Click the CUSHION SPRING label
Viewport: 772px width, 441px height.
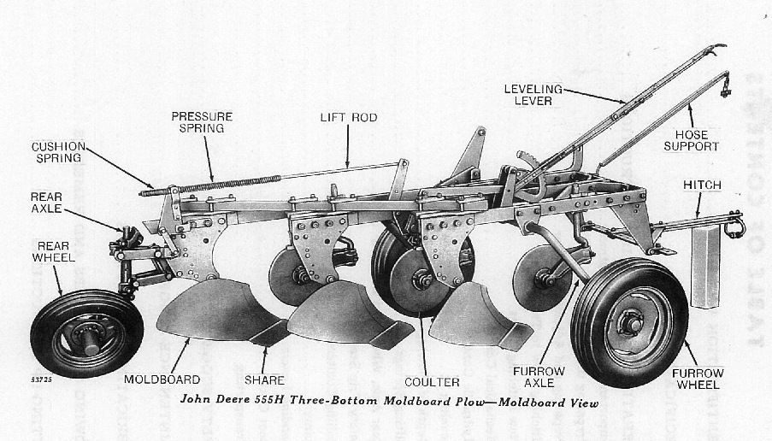pyautogui.click(x=56, y=152)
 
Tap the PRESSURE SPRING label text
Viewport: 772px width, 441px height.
pyautogui.click(x=202, y=122)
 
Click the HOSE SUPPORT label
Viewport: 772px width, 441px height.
pyautogui.click(x=697, y=140)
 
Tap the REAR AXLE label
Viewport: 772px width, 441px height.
pyautogui.click(x=47, y=203)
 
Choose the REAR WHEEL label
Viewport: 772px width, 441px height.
pyautogui.click(x=54, y=250)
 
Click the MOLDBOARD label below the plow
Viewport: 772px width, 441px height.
pyautogui.click(x=162, y=379)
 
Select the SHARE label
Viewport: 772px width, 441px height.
pyautogui.click(x=265, y=379)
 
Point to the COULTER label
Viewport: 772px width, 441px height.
pyautogui.click(x=433, y=382)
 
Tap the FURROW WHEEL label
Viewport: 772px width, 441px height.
pyautogui.click(x=698, y=379)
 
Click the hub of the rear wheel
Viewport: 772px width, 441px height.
pyautogui.click(x=86, y=333)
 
